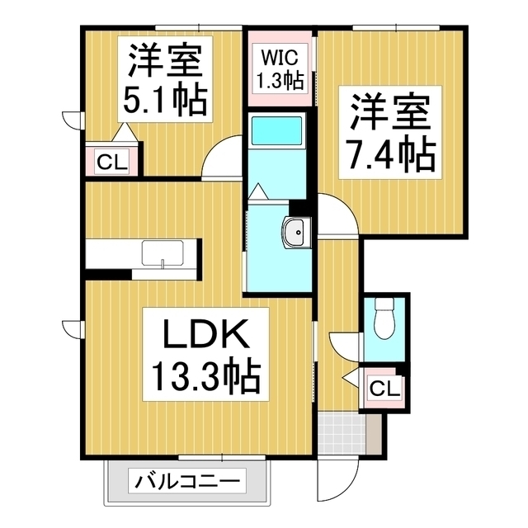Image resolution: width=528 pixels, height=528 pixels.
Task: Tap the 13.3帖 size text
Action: [x=205, y=379]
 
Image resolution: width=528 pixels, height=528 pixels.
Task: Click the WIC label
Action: [x=278, y=58]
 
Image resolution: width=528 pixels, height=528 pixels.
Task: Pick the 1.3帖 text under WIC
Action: [x=278, y=81]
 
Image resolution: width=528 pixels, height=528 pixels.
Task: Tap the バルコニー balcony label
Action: [x=186, y=481]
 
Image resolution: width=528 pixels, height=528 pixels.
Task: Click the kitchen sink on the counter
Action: [x=163, y=252]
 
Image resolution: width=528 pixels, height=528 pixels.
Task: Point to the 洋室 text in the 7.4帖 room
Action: [x=388, y=112]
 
